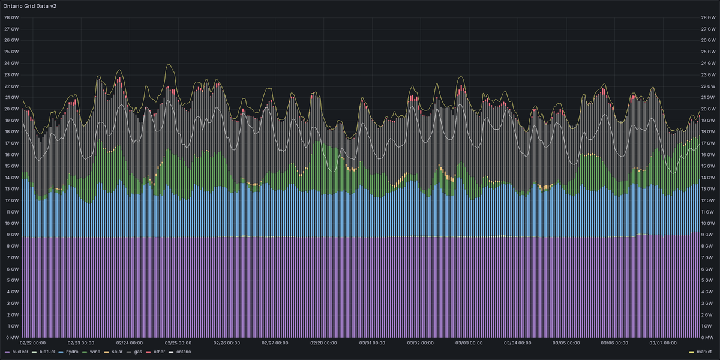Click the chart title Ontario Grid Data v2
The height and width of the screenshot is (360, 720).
click(30, 5)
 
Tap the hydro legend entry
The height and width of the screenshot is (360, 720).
click(72, 352)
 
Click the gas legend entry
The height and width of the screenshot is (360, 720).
click(138, 352)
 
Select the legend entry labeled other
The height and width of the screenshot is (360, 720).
click(158, 352)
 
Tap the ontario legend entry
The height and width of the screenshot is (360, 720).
click(183, 352)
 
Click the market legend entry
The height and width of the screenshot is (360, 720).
click(704, 352)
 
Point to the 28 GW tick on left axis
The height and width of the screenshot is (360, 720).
click(11, 17)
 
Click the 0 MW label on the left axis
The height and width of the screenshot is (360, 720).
click(11, 338)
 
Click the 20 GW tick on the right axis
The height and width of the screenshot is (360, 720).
click(709, 109)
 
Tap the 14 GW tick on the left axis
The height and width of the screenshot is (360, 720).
click(11, 178)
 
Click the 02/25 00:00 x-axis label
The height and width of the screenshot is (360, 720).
click(178, 344)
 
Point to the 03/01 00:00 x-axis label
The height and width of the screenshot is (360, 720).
click(372, 344)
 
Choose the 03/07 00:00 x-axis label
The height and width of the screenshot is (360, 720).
click(664, 344)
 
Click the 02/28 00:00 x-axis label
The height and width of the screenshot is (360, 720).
click(323, 344)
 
